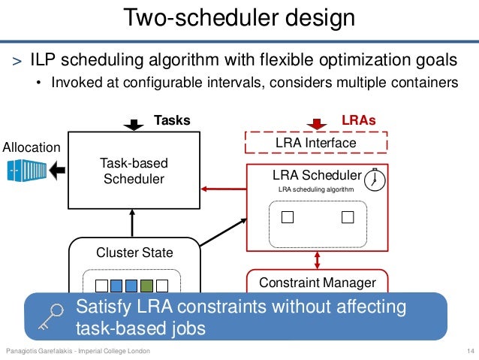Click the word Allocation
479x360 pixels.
click(x=32, y=147)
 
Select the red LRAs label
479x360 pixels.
click(x=358, y=120)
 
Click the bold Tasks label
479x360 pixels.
click(x=172, y=120)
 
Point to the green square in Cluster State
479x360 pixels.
click(x=147, y=286)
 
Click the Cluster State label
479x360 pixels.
click(x=134, y=253)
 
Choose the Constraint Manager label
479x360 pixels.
click(x=317, y=283)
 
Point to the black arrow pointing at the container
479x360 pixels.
click(x=55, y=171)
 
